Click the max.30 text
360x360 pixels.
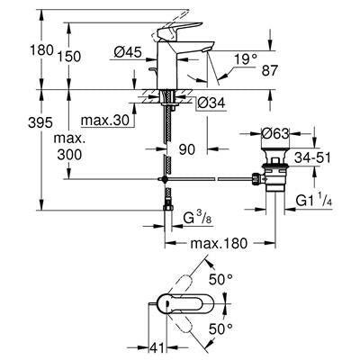point(103,121)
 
